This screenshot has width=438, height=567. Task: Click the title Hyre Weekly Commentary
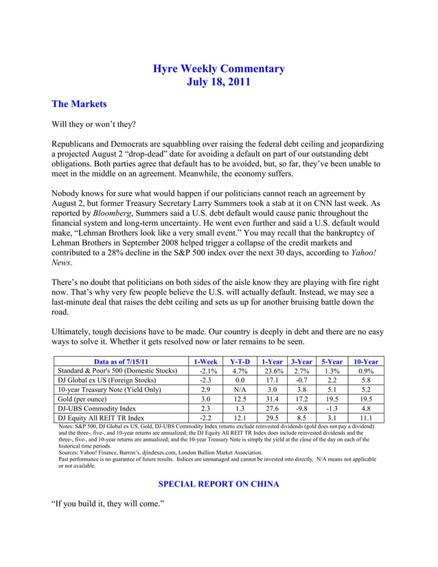click(x=218, y=69)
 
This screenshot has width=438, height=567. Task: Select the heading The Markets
click(x=80, y=104)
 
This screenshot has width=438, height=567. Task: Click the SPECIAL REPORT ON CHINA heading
click(x=218, y=484)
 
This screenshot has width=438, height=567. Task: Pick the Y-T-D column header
click(x=240, y=362)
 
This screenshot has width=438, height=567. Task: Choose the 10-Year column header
click(x=366, y=362)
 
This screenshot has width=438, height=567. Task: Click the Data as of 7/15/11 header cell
click(x=121, y=362)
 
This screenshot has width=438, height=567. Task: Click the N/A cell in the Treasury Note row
click(x=240, y=389)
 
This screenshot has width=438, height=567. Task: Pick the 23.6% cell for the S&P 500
click(x=272, y=371)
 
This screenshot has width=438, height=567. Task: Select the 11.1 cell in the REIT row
click(x=366, y=417)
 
